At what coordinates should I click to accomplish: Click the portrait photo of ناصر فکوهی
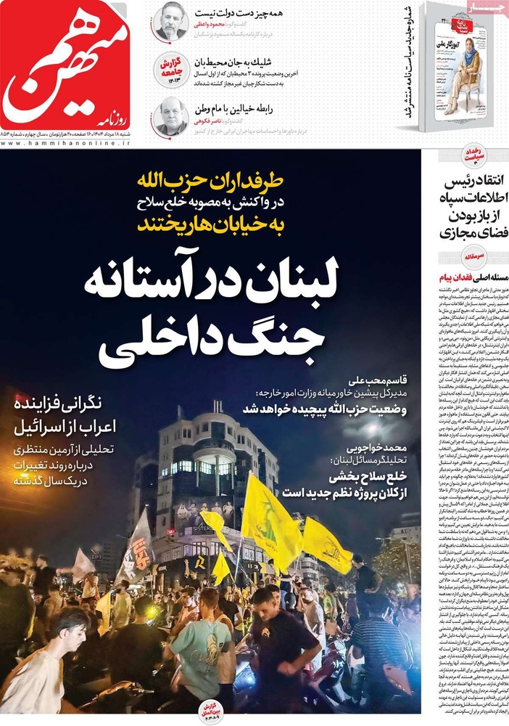tap(171, 116)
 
